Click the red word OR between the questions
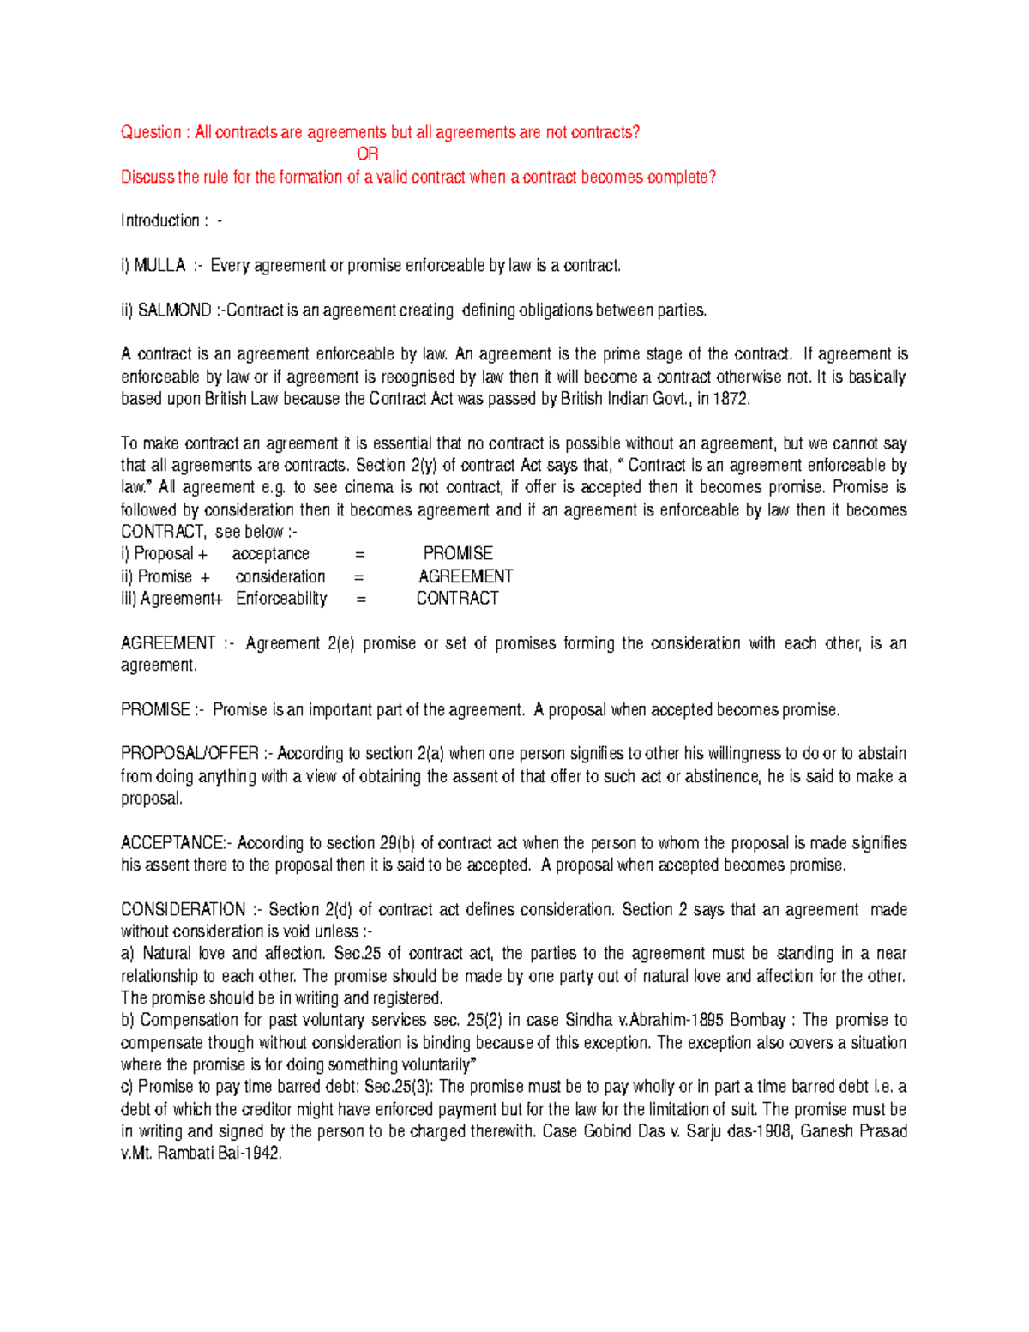coord(367,154)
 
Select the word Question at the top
coord(151,132)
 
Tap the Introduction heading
coord(160,220)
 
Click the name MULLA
coord(159,266)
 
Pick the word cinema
coord(369,487)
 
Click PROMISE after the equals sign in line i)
coord(458,554)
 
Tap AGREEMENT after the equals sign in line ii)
coord(466,576)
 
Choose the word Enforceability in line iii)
coord(281,599)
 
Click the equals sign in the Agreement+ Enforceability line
coord(360,599)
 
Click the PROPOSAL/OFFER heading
coord(190,754)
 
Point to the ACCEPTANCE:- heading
coord(176,843)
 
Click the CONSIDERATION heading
coord(183,910)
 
